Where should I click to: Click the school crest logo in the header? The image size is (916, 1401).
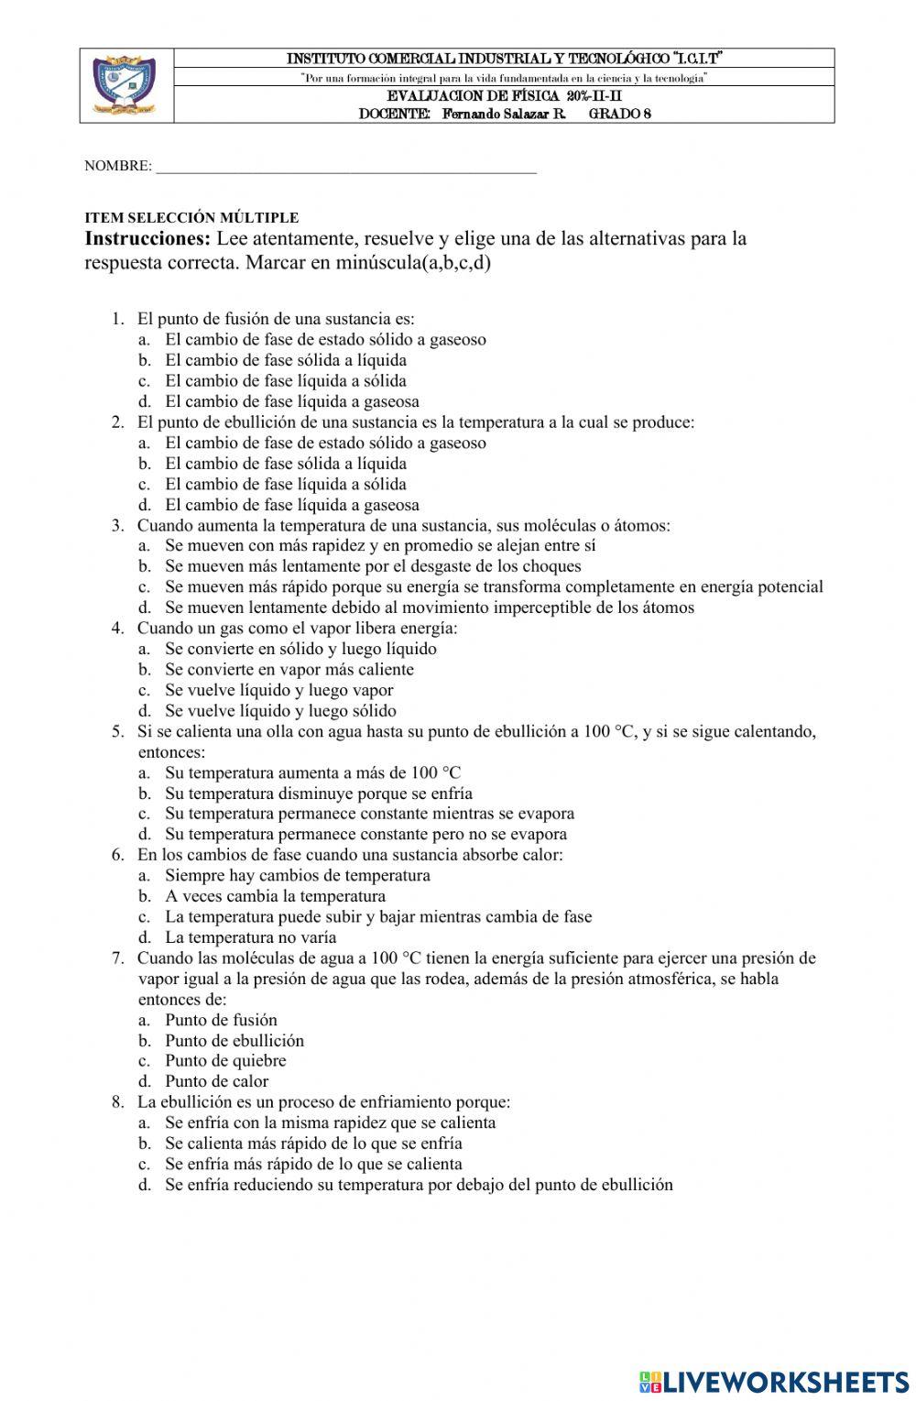(125, 85)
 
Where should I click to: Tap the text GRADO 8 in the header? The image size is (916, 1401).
(619, 115)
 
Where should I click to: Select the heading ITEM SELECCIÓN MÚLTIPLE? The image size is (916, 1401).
(191, 218)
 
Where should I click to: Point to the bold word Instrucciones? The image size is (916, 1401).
(147, 239)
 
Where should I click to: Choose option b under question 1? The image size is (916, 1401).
(285, 360)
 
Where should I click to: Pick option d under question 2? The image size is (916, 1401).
(291, 505)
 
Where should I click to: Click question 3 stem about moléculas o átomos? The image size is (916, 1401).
(403, 525)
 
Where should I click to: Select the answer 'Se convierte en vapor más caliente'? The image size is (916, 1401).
(289, 670)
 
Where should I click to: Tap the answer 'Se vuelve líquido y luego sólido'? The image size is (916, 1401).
(280, 711)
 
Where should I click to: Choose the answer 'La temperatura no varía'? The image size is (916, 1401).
(250, 937)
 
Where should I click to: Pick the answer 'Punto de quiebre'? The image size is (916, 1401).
(225, 1061)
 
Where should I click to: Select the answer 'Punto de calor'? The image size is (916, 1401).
(216, 1081)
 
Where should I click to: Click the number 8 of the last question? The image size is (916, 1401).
(118, 1102)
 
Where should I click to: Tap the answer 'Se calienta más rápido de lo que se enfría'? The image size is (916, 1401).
(313, 1144)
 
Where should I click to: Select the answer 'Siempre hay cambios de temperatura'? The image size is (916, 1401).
(297, 875)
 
